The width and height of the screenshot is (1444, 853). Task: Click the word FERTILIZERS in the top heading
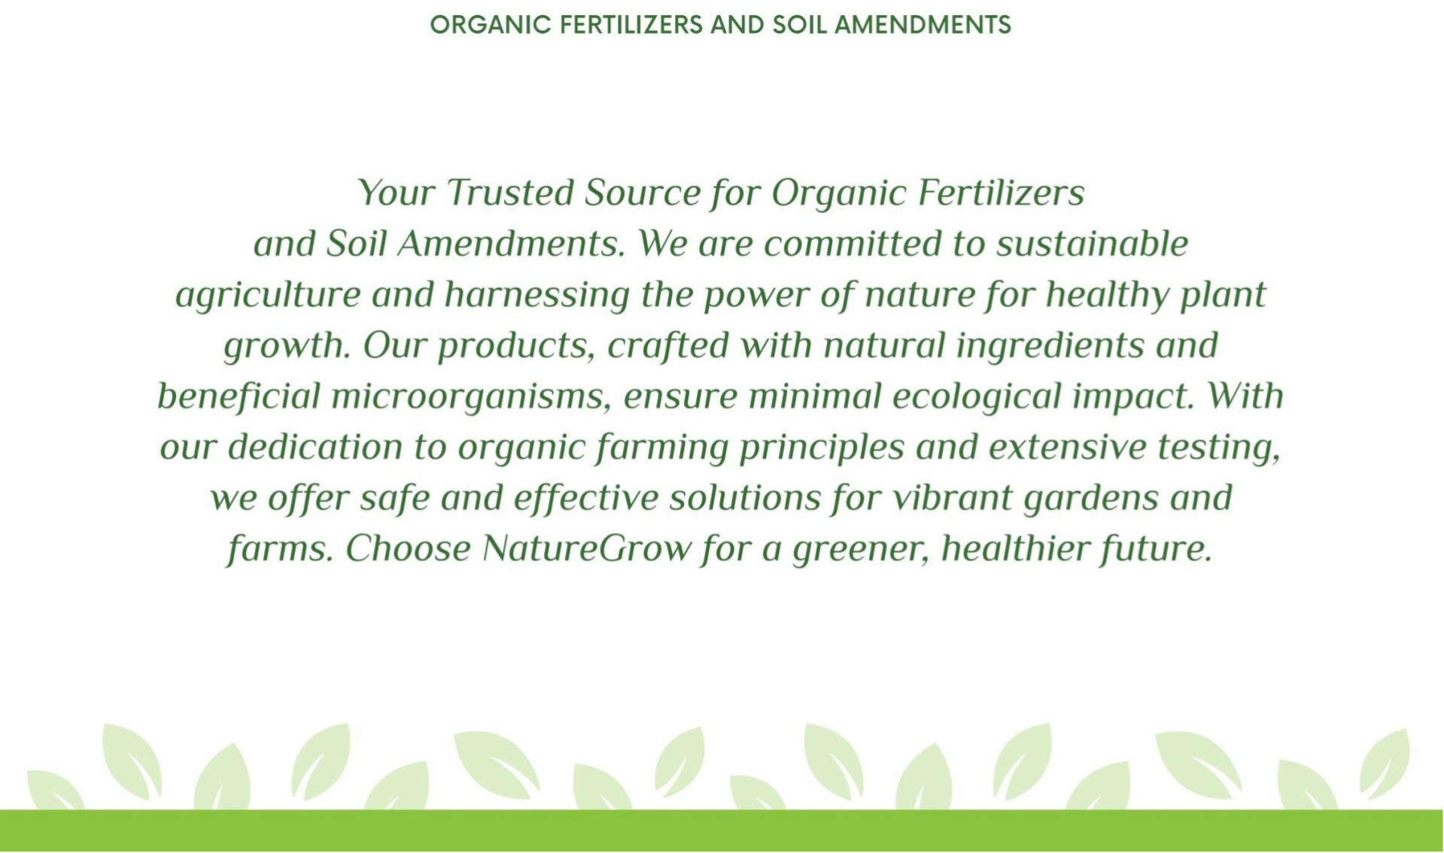click(631, 25)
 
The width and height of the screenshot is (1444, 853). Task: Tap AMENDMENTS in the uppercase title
click(923, 25)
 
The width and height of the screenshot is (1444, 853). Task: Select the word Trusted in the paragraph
click(510, 193)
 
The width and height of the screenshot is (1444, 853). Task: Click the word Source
click(643, 193)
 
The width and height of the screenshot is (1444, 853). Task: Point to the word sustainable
click(1092, 244)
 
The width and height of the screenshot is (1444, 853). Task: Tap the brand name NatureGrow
click(586, 549)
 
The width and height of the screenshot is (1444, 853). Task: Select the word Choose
click(408, 549)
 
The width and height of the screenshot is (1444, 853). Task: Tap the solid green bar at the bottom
click(722, 830)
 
